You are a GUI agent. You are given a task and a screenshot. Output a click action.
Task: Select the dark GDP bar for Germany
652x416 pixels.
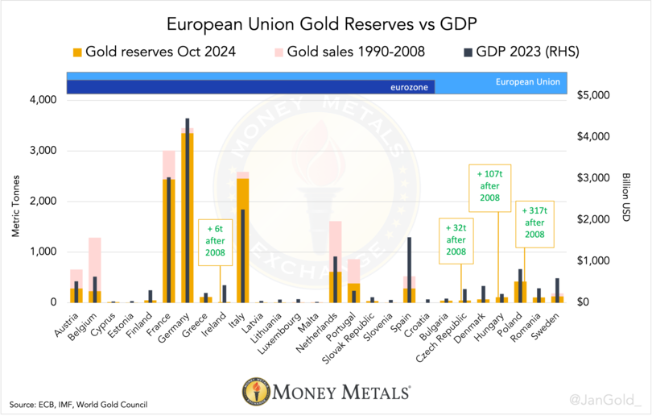point(188,210)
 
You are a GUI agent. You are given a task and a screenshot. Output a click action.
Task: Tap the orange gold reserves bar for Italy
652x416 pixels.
point(241,242)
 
